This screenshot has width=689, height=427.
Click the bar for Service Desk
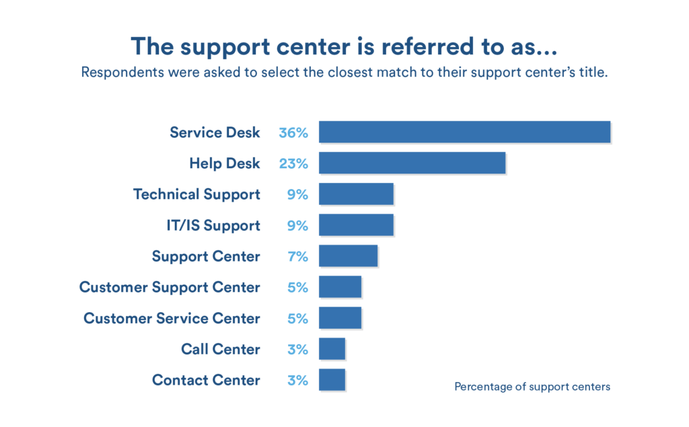coord(464,132)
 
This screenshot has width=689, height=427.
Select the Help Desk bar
coord(412,163)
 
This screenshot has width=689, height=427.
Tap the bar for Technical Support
coord(356,194)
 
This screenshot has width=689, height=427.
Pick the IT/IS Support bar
coord(356,225)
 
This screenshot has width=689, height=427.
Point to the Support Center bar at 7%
coord(348,256)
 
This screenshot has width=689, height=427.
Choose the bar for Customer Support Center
coord(340,286)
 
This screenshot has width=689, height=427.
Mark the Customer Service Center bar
coord(340,317)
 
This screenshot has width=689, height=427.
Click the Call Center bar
coord(332,348)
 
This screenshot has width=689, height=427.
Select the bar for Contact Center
coord(332,379)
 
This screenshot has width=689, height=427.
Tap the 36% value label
coord(293,132)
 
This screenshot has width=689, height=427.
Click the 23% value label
coord(293,163)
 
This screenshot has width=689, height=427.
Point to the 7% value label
coord(297,256)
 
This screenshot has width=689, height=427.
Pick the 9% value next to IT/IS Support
coord(297,225)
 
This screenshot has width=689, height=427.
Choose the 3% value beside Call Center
coord(297,349)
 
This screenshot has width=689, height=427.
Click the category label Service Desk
coord(215,132)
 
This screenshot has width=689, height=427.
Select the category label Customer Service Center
coord(172,318)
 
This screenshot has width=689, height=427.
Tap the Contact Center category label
coord(206,380)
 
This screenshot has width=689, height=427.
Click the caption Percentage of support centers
coord(532,387)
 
